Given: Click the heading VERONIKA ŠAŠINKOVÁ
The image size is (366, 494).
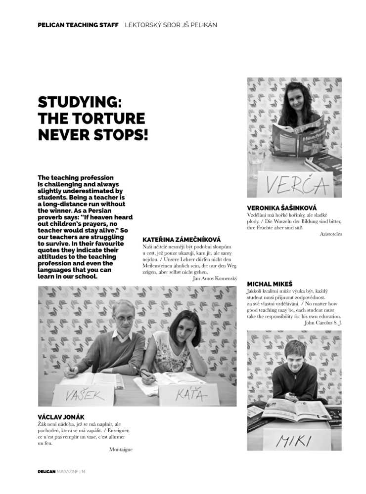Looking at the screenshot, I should point(281,208).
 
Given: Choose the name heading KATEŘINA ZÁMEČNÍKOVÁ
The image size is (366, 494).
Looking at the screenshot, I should point(182,240).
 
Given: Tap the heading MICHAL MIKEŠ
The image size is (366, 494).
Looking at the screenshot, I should point(270,284).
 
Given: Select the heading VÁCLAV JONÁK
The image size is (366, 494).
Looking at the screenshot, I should point(61,417).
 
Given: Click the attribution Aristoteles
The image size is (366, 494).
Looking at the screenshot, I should point(330,234).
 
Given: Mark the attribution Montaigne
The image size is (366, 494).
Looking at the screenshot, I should point(121,449).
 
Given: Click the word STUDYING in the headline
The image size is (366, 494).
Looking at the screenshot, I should point(80,103).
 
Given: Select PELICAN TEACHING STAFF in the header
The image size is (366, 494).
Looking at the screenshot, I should point(78,25).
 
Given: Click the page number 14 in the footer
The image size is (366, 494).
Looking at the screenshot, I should point(84,471).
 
